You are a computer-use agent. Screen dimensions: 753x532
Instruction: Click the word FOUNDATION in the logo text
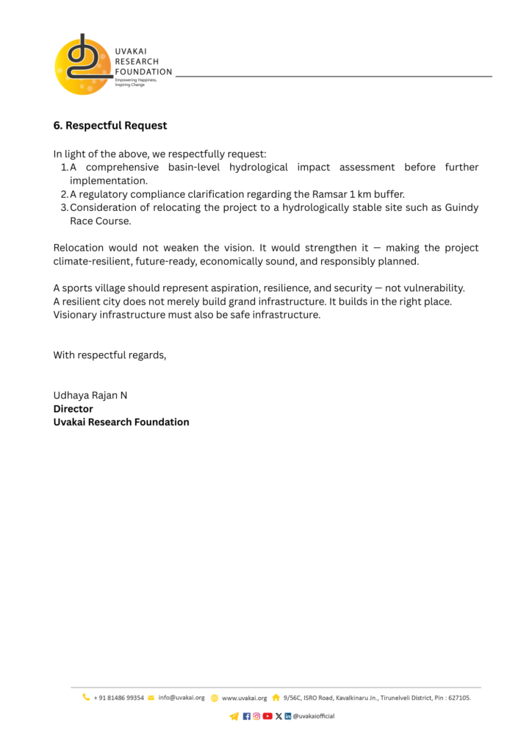tap(143, 72)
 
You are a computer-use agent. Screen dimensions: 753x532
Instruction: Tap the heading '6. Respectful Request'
tap(110, 126)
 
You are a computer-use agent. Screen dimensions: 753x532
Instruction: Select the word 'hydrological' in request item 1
tap(258, 168)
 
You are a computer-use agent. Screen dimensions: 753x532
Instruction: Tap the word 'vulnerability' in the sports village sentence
tap(432, 288)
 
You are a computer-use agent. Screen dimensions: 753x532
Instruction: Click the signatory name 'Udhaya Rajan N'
tap(90, 396)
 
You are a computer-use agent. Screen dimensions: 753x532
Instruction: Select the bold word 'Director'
tap(73, 409)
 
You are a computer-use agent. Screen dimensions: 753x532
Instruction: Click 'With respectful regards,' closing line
tap(109, 355)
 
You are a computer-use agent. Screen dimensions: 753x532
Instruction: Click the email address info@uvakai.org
tap(181, 698)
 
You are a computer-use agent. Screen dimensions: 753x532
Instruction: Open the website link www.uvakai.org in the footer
tap(244, 698)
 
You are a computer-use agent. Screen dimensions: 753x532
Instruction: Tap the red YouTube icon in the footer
tap(267, 716)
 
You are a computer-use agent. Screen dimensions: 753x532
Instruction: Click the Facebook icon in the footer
tap(246, 716)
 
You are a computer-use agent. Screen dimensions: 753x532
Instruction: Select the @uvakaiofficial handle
tap(314, 716)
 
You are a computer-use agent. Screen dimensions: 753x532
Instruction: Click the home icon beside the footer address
tap(276, 698)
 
